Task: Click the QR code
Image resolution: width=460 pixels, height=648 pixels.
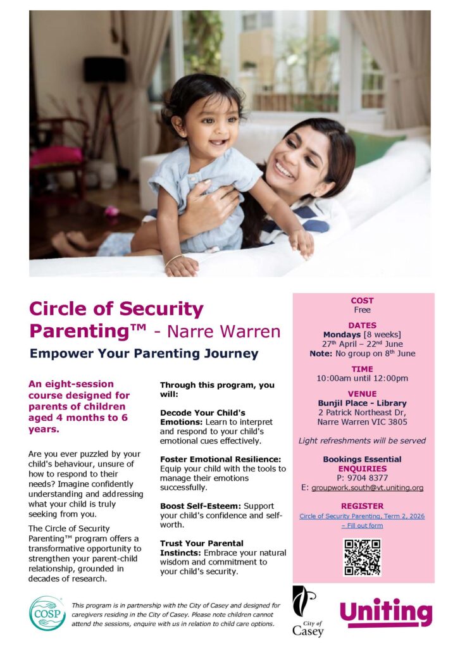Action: point(362,557)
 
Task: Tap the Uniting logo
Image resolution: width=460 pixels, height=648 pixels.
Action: point(385,613)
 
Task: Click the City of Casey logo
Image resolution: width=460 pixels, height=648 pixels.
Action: point(307,611)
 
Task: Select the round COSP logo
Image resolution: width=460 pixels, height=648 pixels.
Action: point(47,613)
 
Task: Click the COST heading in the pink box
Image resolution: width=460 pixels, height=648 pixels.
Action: point(362,301)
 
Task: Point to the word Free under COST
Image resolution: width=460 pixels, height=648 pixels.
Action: point(362,310)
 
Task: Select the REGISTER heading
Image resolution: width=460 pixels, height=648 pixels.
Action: point(362,506)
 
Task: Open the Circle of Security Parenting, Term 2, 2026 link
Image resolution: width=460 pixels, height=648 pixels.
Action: point(362,516)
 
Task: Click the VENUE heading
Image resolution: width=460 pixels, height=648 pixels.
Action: point(362,394)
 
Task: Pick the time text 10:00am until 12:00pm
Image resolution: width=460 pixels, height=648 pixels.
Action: point(362,378)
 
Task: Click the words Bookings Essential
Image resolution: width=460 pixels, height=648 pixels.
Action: point(362,459)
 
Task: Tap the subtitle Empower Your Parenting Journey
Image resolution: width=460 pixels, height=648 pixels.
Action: point(144,353)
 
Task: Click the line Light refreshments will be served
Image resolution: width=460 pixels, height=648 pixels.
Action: point(362,440)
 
